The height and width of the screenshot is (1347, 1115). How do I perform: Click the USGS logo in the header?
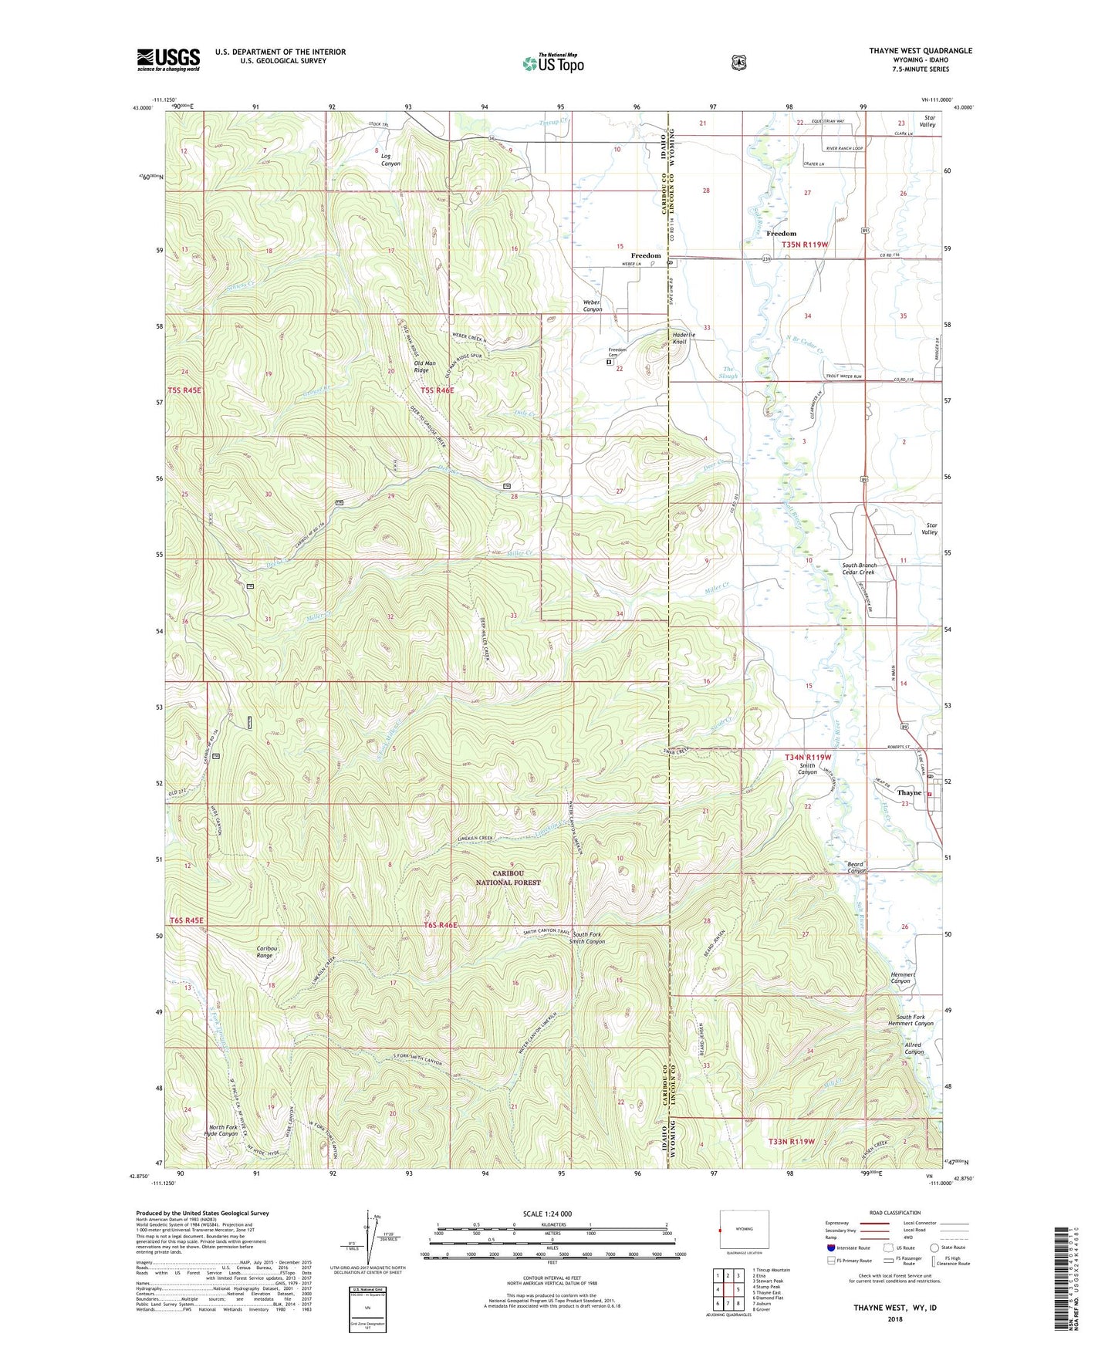click(x=168, y=59)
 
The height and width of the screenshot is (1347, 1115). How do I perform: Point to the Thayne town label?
click(x=909, y=792)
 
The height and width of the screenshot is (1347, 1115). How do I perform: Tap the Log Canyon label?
click(x=390, y=160)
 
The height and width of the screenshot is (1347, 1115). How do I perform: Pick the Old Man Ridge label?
click(x=424, y=366)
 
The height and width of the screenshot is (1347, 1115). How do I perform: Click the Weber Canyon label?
click(x=592, y=306)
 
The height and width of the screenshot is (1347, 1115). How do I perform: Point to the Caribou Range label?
click(x=265, y=951)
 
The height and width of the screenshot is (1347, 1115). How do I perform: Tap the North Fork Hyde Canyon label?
click(x=220, y=1130)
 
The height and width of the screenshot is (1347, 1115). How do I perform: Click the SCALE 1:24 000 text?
click(x=547, y=1214)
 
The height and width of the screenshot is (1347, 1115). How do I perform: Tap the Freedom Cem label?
click(x=617, y=352)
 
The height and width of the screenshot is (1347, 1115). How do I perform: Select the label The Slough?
click(x=728, y=372)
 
